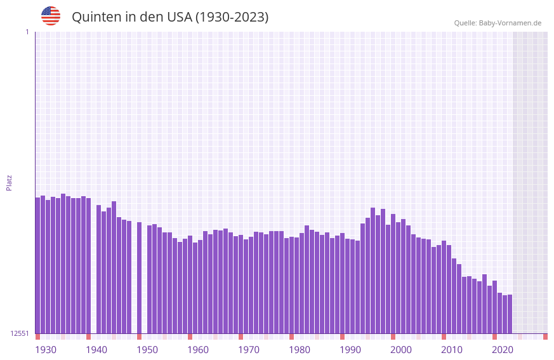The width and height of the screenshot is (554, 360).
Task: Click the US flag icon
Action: tap(51, 16)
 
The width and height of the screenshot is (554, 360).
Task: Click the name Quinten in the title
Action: tap(96, 17)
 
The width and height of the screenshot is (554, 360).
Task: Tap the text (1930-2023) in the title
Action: tap(232, 17)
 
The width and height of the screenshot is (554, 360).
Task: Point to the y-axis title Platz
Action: tap(9, 182)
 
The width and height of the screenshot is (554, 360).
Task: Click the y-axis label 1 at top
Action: tap(27, 32)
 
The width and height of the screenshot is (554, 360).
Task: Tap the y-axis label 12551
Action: tap(20, 333)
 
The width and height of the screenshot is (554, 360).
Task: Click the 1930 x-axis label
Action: tap(46, 350)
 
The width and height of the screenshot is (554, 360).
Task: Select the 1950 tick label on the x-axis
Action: tap(147, 350)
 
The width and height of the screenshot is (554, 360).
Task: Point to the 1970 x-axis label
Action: tap(249, 350)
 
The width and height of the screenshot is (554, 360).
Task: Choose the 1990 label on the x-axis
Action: tap(350, 350)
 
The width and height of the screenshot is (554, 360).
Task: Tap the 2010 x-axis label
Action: tap(452, 350)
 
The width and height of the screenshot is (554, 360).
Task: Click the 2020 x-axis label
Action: tap(503, 350)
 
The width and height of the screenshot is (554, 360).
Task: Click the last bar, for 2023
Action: tap(510, 314)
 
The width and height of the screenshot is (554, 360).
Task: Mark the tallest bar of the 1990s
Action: tap(373, 270)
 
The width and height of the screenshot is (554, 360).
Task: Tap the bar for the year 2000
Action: tap(393, 274)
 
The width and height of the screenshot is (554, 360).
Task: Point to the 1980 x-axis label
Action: tap(300, 350)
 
